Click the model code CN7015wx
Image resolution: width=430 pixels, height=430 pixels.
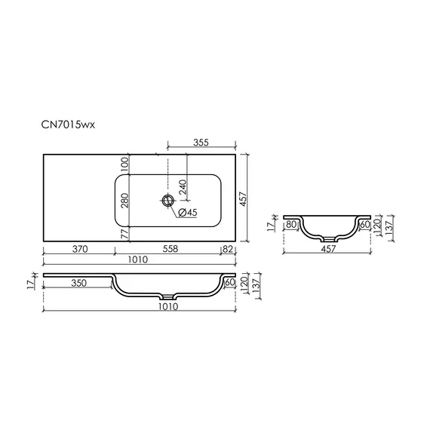coord(68,124)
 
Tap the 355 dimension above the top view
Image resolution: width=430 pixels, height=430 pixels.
coord(201,143)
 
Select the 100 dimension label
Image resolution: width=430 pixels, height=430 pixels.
coord(124,164)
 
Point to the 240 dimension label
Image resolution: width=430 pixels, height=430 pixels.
coord(183,187)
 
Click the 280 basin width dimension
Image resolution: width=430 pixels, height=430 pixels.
coord(124,201)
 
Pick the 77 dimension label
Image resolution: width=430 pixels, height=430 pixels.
coord(124,234)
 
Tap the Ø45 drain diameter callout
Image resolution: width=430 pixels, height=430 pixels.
coord(188,212)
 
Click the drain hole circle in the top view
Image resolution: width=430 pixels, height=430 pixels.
coord(167,201)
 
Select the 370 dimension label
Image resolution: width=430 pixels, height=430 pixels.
coord(80,249)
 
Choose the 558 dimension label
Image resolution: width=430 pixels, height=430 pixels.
coord(170,249)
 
